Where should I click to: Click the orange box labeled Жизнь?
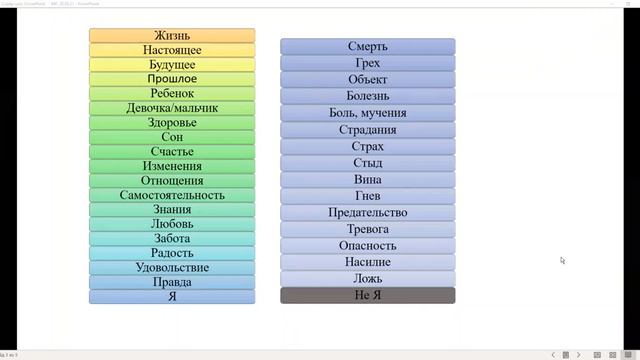click(172, 35)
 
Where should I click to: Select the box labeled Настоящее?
click(172, 50)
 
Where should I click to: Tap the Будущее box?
click(172, 64)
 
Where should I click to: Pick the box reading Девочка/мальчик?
click(172, 108)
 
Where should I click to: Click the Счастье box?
click(172, 152)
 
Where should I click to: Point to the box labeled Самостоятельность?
click(172, 195)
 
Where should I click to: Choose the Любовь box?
click(172, 224)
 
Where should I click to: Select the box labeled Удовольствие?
click(172, 268)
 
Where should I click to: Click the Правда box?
click(172, 282)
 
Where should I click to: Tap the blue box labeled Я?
click(172, 297)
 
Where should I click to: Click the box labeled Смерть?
click(367, 46)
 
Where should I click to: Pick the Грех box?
click(367, 63)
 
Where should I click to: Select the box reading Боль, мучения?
click(367, 113)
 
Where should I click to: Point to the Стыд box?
click(367, 163)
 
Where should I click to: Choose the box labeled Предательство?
click(367, 212)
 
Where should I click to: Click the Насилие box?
click(367, 262)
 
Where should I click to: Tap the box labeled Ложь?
click(367, 279)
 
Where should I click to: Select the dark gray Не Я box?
click(367, 295)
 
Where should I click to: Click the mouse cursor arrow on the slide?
click(562, 260)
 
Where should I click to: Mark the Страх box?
click(367, 146)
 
